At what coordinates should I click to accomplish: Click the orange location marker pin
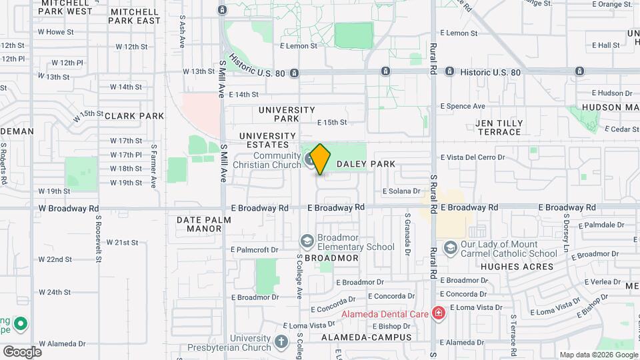[321, 159]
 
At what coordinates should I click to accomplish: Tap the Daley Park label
[366, 164]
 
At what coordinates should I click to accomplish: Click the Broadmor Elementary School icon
[307, 241]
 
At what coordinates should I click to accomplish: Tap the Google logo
[22, 351]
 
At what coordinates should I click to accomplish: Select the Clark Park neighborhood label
[134, 116]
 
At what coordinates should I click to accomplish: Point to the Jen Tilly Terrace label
[503, 127]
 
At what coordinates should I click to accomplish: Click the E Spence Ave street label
[463, 106]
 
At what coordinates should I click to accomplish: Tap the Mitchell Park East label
[135, 16]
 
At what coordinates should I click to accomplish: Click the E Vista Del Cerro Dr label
[473, 157]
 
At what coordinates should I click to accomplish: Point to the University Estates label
[267, 141]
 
